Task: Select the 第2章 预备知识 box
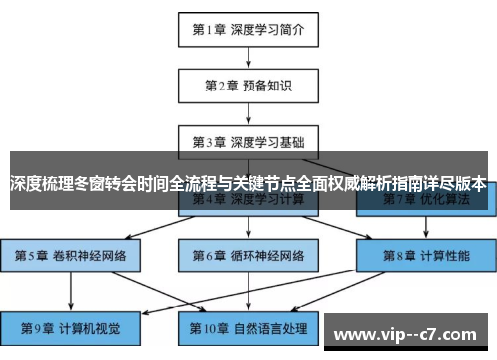click(x=248, y=84)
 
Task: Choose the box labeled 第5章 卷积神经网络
click(x=71, y=255)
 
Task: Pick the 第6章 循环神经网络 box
click(x=248, y=255)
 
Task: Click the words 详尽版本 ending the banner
click(x=456, y=183)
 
